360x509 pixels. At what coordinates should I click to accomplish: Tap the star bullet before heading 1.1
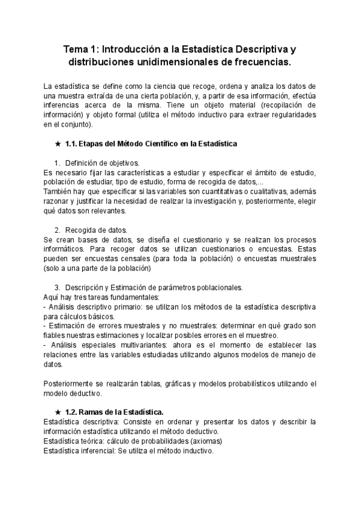pos(58,144)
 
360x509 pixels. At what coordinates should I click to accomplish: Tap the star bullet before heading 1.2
pos(58,412)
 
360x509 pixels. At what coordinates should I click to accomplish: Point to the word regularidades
pos(290,115)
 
